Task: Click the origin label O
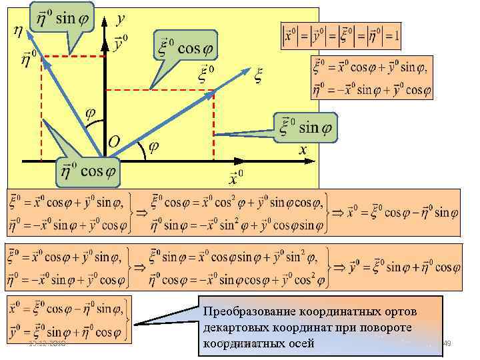(x=114, y=142)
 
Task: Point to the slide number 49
(x=448, y=344)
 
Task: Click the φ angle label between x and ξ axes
(x=153, y=148)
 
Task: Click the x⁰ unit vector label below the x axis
(x=236, y=177)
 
